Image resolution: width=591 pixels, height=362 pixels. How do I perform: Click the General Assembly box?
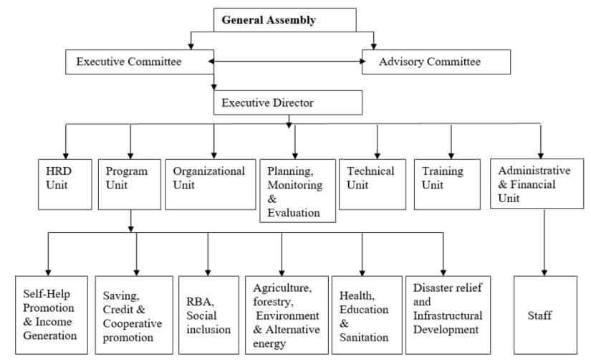[285, 20]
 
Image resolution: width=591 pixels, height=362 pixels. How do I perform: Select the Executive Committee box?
[140, 62]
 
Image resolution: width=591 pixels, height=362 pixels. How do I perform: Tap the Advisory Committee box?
[436, 62]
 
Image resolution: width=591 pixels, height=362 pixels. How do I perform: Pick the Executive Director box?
[288, 103]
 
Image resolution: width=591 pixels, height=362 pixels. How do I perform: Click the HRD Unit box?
[64, 184]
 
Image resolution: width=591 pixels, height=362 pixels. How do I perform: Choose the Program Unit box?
[130, 184]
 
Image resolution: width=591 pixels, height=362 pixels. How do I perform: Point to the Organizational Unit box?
[211, 184]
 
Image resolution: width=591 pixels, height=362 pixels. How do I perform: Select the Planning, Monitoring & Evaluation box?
[298, 191]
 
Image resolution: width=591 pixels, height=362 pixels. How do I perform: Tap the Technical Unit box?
[373, 184]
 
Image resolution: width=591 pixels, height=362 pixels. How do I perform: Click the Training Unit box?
[447, 184]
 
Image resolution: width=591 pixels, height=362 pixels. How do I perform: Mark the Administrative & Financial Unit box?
[537, 184]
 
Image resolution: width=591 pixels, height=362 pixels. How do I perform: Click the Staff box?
[545, 315]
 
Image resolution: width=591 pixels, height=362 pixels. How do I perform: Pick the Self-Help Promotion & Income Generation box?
[52, 315]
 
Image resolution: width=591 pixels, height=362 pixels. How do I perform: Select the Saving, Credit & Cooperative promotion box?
[134, 315]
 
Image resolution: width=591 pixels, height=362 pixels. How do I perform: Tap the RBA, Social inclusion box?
[208, 315]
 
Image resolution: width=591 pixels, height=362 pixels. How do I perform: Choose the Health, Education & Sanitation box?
[367, 315]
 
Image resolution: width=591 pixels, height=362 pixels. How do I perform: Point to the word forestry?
[273, 302]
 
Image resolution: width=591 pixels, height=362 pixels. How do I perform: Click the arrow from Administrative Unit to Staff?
[544, 242]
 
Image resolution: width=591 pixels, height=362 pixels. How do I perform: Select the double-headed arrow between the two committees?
[287, 62]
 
